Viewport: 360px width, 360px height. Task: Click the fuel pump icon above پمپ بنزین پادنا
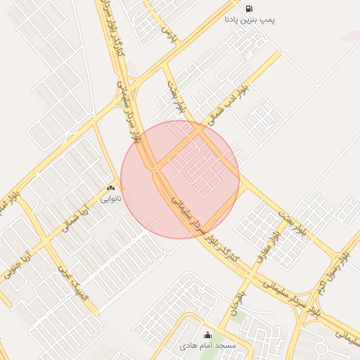249,8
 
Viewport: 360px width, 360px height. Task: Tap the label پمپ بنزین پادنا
250,20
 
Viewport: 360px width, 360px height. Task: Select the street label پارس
167,33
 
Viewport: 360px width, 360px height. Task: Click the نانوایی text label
110,199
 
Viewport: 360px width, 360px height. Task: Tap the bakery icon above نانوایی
110,188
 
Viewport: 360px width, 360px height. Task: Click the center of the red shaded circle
180,179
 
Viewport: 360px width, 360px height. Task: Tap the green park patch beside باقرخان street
238,317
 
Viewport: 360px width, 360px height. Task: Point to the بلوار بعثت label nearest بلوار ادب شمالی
177,98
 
